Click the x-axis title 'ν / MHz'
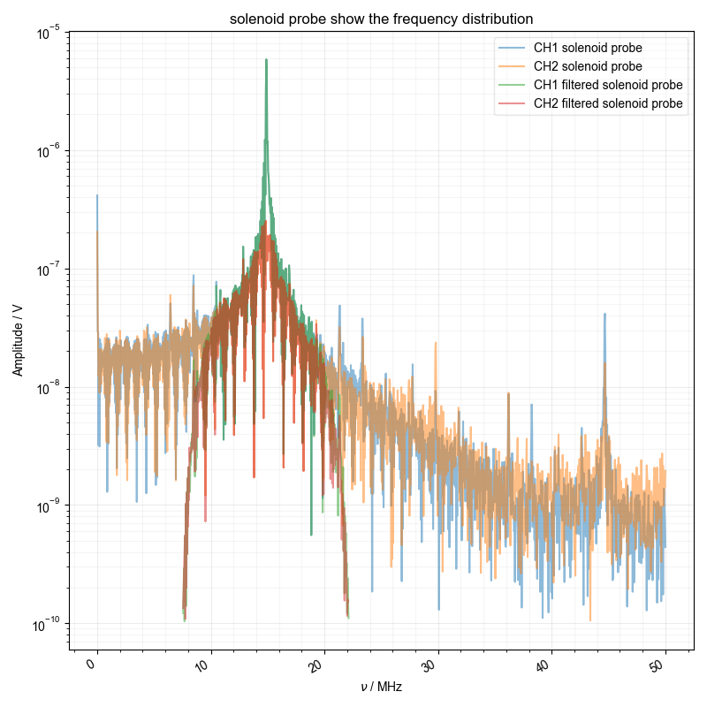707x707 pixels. point(381,687)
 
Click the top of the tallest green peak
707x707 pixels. point(266,60)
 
